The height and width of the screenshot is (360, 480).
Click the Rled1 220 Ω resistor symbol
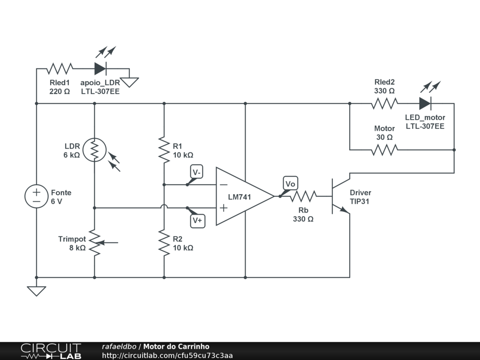click(60, 68)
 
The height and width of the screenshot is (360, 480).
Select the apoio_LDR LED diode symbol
click(100, 68)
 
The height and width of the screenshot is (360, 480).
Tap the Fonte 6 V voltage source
click(36, 196)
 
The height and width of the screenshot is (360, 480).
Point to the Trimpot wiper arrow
click(108, 242)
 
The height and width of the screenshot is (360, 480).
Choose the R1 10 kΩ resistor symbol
click(164, 150)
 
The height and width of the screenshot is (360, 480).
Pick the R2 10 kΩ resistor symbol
click(164, 242)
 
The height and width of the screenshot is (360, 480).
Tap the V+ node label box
click(197, 220)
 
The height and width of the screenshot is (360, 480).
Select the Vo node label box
click(290, 184)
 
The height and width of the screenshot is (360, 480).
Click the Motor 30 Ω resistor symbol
click(384, 150)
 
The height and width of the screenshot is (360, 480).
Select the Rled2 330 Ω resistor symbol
click(384, 103)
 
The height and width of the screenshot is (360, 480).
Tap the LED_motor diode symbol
click(425, 103)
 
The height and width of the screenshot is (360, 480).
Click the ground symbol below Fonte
click(36, 291)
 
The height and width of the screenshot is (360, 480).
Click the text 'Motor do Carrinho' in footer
click(176, 347)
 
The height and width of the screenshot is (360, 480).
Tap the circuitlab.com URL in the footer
click(167, 356)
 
